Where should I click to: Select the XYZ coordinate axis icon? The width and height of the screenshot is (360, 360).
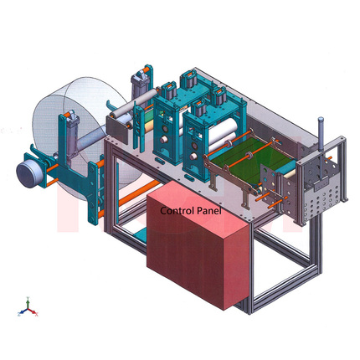(28, 307)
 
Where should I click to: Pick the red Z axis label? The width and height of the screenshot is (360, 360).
(19, 314)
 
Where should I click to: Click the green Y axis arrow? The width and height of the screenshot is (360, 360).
(28, 303)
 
